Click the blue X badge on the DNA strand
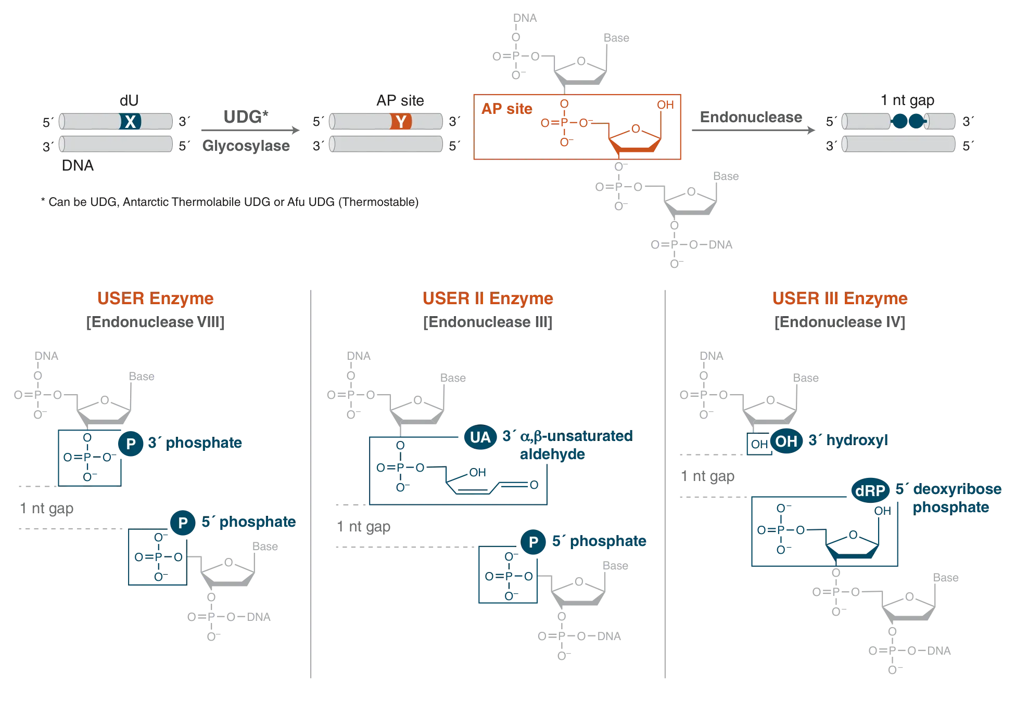[x=130, y=122]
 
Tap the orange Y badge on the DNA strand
[x=401, y=122]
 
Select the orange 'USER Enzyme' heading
[x=155, y=299]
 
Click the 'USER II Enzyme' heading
[x=487, y=299]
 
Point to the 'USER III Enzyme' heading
[x=839, y=299]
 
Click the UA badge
[x=480, y=437]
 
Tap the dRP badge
[x=870, y=490]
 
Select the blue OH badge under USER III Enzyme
[x=786, y=441]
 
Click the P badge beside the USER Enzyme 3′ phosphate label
[x=131, y=444]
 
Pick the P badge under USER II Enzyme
[x=533, y=542]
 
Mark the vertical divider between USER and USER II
[x=310, y=484]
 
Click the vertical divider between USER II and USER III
[x=664, y=484]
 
